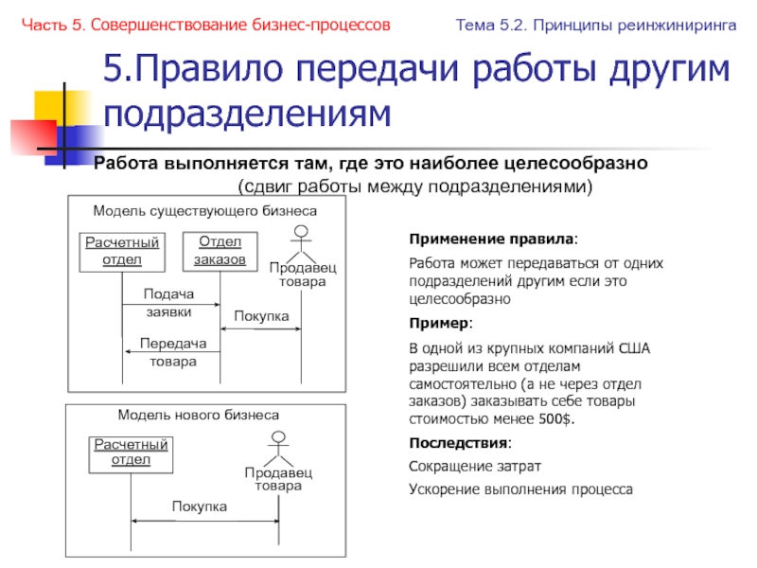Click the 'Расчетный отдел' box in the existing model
click(120, 252)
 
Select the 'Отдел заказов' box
click(220, 251)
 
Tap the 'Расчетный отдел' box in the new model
click(132, 453)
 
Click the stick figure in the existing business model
click(302, 242)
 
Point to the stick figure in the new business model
click(278, 446)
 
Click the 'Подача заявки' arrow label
click(168, 302)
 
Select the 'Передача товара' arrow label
click(171, 352)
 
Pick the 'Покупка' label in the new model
click(200, 507)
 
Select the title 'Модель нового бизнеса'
click(198, 415)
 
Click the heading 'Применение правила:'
click(491, 239)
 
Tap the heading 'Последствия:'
click(460, 443)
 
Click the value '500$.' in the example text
click(556, 419)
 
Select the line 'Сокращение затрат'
click(475, 467)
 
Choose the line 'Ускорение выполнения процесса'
click(520, 489)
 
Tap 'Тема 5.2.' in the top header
click(491, 25)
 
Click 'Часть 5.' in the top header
click(48, 25)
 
